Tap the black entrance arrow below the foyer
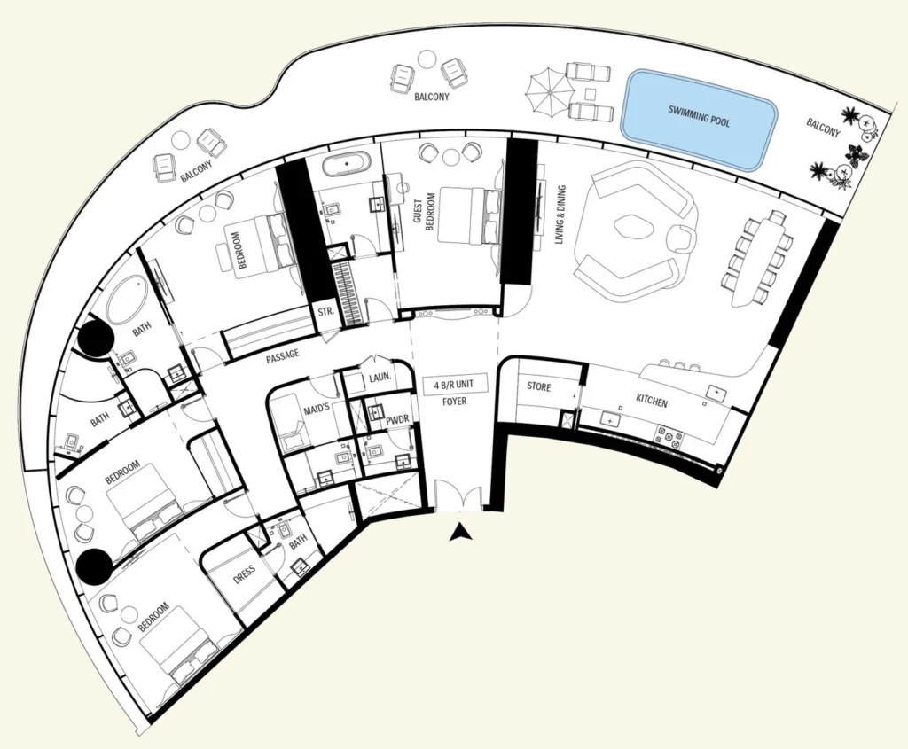point(459,533)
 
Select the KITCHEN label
point(653,402)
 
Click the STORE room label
point(539,387)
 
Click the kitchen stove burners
point(668,434)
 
